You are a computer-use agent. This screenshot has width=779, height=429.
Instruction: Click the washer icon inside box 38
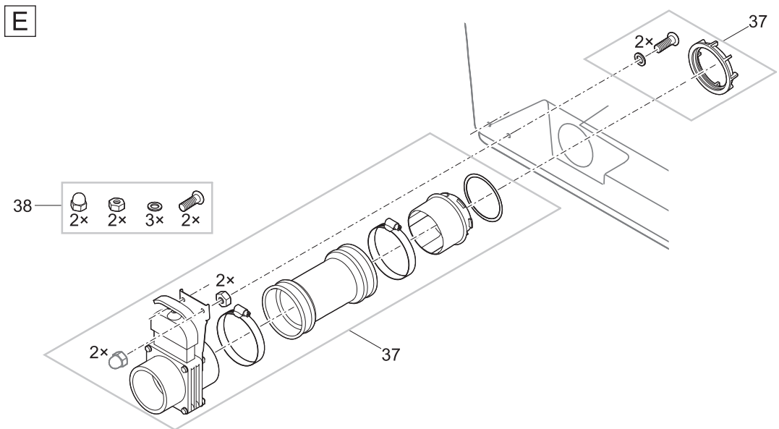point(153,205)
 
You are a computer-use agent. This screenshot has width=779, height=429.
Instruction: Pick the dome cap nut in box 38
point(79,203)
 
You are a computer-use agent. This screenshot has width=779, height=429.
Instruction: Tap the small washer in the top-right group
point(639,57)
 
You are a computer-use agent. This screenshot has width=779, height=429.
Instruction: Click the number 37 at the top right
point(757,22)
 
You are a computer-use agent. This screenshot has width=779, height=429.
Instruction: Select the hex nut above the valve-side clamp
point(223,298)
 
